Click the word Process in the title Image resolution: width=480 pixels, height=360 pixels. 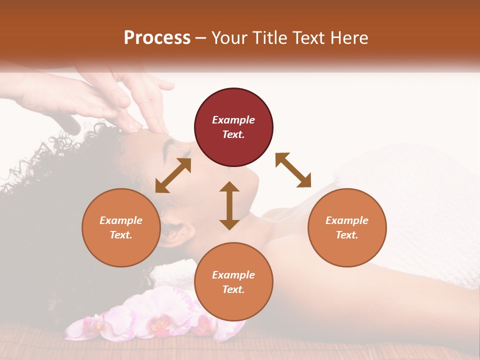[157, 37]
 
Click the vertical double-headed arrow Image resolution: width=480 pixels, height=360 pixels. [229, 205]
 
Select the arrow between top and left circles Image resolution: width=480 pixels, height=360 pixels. [173, 175]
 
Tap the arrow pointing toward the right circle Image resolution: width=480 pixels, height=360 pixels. [293, 170]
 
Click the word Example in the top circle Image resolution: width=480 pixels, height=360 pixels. [233, 120]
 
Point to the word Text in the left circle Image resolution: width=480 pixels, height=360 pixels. [121, 235]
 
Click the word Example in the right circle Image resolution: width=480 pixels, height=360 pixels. [347, 220]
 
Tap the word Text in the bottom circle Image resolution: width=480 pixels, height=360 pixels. [233, 289]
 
